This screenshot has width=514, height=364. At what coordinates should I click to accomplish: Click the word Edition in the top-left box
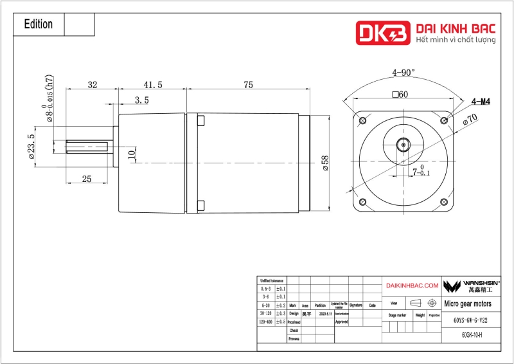point(38,24)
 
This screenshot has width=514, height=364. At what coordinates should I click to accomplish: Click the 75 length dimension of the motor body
point(248,85)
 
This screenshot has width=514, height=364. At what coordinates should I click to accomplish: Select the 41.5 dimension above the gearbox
point(153,85)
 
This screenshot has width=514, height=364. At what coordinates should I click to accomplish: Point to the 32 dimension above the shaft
point(93,85)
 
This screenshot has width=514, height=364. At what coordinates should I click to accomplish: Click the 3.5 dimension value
point(142,100)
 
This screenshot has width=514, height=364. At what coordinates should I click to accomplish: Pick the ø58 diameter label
point(325,162)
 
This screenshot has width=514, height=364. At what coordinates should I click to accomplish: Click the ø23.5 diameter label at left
point(31,145)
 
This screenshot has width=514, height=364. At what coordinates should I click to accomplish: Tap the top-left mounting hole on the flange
point(363,120)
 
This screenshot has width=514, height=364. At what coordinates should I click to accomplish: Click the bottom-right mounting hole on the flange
point(443,200)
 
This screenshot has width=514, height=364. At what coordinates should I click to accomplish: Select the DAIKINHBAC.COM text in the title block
point(412,285)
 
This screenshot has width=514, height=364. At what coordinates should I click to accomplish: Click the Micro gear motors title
point(468,303)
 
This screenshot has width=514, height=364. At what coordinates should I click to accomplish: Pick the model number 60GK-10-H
point(472,334)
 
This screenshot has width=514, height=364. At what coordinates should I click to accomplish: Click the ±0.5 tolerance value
point(281,322)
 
